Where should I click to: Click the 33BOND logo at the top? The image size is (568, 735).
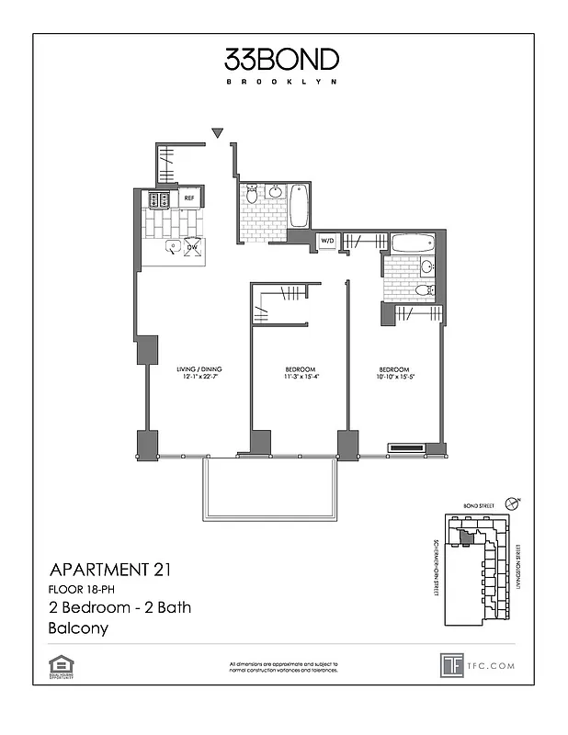point(281,60)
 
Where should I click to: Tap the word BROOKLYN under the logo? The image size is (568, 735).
point(281,82)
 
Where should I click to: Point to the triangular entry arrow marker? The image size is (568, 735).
point(217,133)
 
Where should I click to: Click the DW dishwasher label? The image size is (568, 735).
point(193,247)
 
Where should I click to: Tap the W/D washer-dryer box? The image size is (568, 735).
point(326,242)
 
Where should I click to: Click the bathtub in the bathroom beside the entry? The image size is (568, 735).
point(300,208)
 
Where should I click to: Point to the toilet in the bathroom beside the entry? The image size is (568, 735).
point(252,195)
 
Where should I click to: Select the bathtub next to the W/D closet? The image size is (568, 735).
point(412,244)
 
